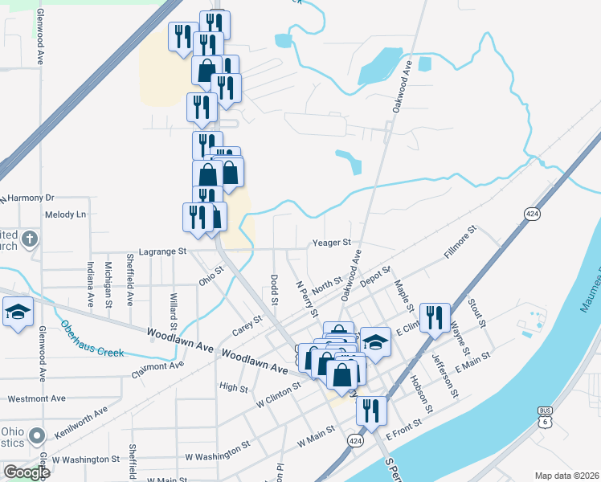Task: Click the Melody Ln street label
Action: point(65,214)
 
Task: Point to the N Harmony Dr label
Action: point(27,198)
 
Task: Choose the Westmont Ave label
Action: point(36,398)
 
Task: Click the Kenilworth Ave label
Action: point(81,423)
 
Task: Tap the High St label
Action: point(233,387)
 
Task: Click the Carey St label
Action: point(247,327)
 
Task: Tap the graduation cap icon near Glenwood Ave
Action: point(16,313)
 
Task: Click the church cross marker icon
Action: point(29,239)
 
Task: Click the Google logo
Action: point(27,472)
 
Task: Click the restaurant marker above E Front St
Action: point(372,410)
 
